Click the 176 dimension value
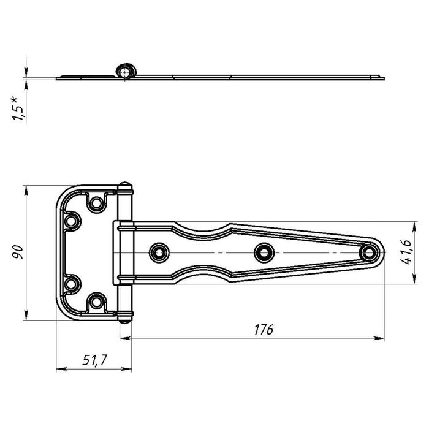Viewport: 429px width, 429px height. tap(264, 330)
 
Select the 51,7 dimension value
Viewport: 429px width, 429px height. tap(94, 360)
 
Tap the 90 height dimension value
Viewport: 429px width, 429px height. tap(18, 252)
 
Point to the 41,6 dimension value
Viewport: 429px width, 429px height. tap(406, 252)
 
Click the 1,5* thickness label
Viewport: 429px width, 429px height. tap(18, 108)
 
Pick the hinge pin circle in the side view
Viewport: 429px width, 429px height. tap(125, 72)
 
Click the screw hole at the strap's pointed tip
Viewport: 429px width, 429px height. tap(368, 252)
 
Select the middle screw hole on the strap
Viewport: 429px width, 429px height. tap(264, 252)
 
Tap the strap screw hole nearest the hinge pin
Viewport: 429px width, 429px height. tap(159, 252)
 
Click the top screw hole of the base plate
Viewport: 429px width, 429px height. tap(96, 203)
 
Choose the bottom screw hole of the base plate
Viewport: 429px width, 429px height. tap(96, 302)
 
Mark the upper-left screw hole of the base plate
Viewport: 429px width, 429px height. tap(71, 221)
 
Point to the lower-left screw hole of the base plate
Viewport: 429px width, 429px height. tap(71, 284)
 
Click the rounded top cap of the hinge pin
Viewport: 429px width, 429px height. tap(125, 184)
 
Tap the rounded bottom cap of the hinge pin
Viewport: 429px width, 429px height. tap(125, 321)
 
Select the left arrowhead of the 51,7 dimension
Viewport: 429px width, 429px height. tap(61, 369)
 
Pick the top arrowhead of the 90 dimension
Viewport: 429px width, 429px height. tap(26, 191)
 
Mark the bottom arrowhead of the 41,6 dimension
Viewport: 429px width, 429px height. tap(414, 278)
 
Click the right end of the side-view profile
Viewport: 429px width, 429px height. tap(384, 78)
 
